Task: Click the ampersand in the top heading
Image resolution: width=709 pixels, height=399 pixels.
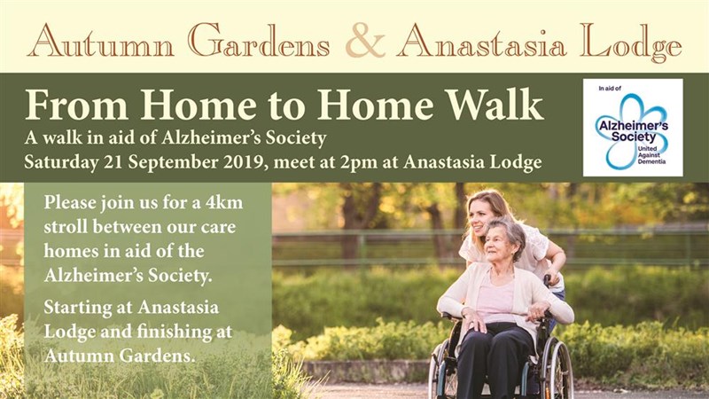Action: (x=365, y=41)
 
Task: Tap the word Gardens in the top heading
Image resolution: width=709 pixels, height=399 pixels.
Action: (x=259, y=41)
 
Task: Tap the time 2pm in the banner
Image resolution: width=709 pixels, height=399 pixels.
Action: (x=360, y=162)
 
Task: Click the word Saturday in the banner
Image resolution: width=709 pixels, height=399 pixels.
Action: (x=61, y=162)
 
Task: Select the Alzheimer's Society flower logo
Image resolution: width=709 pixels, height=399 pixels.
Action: (x=633, y=131)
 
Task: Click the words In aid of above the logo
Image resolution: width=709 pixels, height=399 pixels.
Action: (x=610, y=88)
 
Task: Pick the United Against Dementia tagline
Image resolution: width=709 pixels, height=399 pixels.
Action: (x=651, y=155)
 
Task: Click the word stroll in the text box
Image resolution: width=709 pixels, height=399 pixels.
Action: (x=66, y=227)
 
